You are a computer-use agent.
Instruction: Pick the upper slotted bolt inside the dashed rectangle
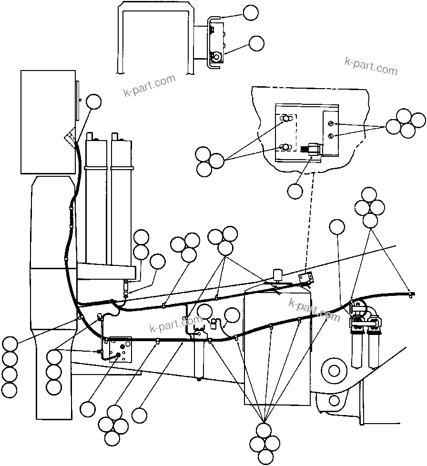pos(286,118)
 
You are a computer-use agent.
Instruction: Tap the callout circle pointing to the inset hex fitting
pos(295,191)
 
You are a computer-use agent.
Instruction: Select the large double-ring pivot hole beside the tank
pos(334,370)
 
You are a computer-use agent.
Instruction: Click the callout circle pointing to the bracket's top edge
pos(251,13)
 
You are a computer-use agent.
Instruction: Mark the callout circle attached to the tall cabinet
pos(94,101)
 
